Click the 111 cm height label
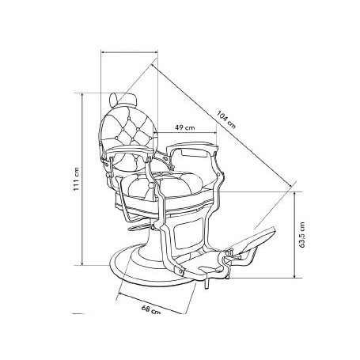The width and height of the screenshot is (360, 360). tap(76, 180)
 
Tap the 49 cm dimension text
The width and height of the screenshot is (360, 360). tap(185, 127)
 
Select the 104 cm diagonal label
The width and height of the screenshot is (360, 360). tap(226, 119)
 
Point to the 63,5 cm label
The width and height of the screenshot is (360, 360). tap(302, 235)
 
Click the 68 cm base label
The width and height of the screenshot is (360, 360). tap(151, 309)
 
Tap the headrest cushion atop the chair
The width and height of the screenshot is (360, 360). tap(124, 98)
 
